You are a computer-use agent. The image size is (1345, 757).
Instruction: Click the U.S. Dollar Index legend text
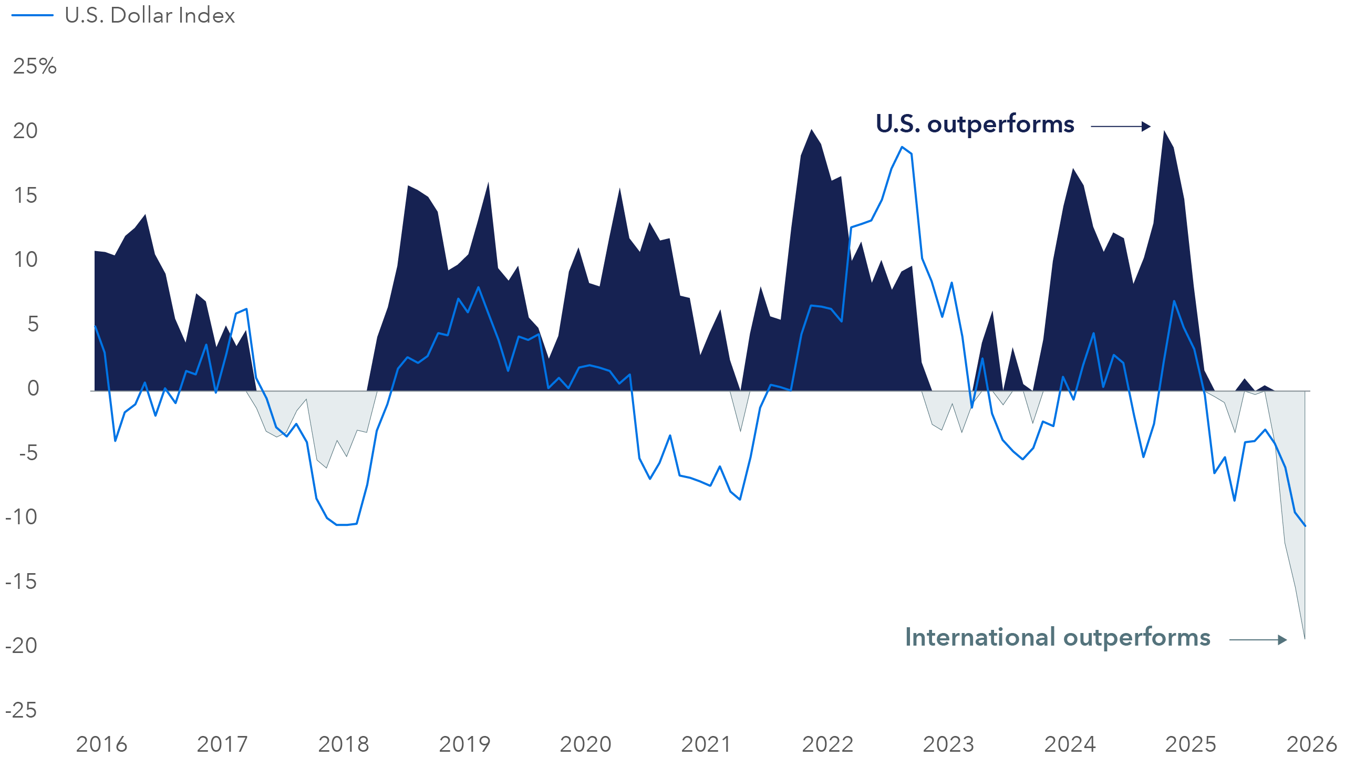click(150, 16)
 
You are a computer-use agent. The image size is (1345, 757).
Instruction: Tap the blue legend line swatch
click(32, 16)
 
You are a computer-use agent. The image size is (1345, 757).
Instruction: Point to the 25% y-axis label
click(35, 67)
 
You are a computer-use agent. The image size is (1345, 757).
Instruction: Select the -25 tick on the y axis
click(21, 710)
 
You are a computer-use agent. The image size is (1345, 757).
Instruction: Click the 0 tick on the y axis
click(33, 388)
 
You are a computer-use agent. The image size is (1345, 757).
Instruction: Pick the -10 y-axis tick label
click(21, 517)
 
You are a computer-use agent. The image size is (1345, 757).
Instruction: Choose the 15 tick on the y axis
click(25, 195)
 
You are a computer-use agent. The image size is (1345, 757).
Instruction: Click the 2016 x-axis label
click(101, 744)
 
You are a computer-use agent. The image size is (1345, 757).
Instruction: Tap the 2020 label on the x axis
click(585, 744)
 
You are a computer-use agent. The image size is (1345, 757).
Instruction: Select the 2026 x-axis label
click(1311, 744)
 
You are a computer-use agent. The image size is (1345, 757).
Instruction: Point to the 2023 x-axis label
click(948, 744)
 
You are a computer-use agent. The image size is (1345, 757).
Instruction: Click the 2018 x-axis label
click(344, 744)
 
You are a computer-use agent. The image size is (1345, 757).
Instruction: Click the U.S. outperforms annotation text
click(975, 124)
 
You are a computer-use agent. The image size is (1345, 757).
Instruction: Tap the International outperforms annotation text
click(1057, 637)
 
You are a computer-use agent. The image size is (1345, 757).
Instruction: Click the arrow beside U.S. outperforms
click(1121, 126)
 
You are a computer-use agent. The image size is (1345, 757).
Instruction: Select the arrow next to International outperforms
click(1258, 639)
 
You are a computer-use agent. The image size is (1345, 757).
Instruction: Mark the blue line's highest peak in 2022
click(902, 147)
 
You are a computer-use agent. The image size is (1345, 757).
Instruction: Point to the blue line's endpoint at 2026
click(1305, 526)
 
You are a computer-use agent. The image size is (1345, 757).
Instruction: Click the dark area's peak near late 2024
click(1164, 131)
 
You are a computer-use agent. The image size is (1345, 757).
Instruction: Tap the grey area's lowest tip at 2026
click(1305, 638)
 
